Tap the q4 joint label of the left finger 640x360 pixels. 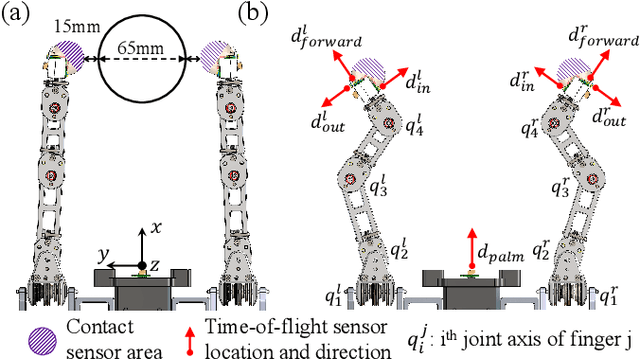tap(415, 125)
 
